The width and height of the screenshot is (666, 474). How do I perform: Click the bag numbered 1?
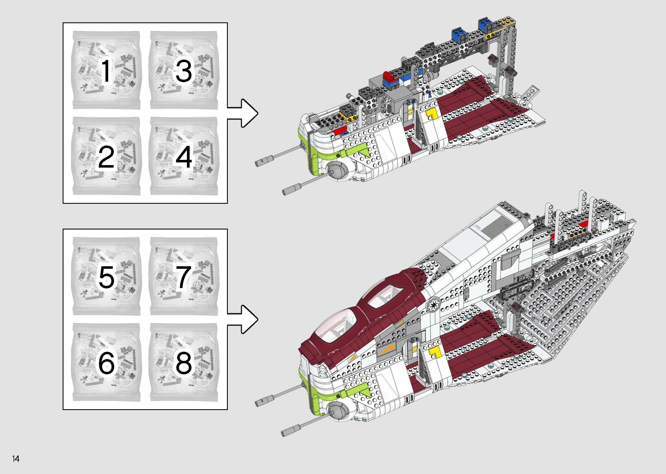pyautogui.click(x=106, y=70)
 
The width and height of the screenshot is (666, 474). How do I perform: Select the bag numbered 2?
pyautogui.click(x=106, y=157)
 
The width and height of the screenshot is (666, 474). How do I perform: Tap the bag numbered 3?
pyautogui.click(x=184, y=70)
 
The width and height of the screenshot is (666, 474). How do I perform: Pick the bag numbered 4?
pyautogui.click(x=184, y=157)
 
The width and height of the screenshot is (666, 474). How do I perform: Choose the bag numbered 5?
pyautogui.click(x=106, y=276)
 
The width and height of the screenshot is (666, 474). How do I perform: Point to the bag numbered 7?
pyautogui.click(x=184, y=276)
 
